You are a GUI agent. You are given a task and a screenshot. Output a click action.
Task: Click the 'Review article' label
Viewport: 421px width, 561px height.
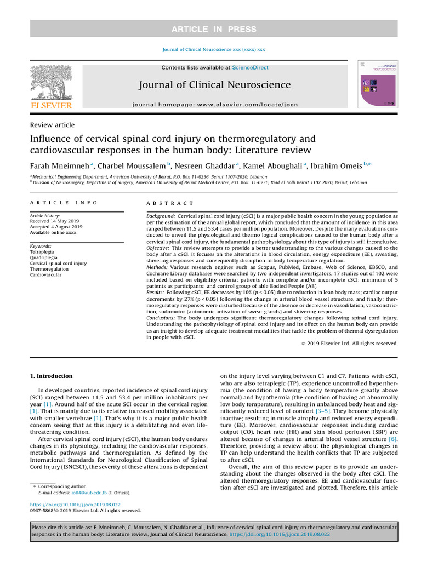52,125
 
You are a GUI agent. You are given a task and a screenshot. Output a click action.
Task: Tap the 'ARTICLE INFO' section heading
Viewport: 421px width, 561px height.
64,203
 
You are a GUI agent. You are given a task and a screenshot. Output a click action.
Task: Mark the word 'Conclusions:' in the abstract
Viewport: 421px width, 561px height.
163,318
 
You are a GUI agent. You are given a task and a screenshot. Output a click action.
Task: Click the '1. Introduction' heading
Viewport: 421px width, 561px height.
50,376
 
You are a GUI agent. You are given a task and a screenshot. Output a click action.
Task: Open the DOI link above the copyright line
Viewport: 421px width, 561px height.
75,504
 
